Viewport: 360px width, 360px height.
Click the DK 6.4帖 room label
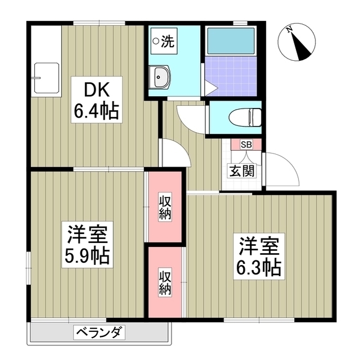(96, 101)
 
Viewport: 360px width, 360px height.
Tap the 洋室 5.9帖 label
(88, 245)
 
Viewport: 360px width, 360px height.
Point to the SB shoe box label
(246, 145)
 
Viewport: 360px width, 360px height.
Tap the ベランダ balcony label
(99, 332)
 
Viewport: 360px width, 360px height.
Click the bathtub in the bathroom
(230, 40)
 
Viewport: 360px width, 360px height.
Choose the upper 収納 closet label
(165, 206)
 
